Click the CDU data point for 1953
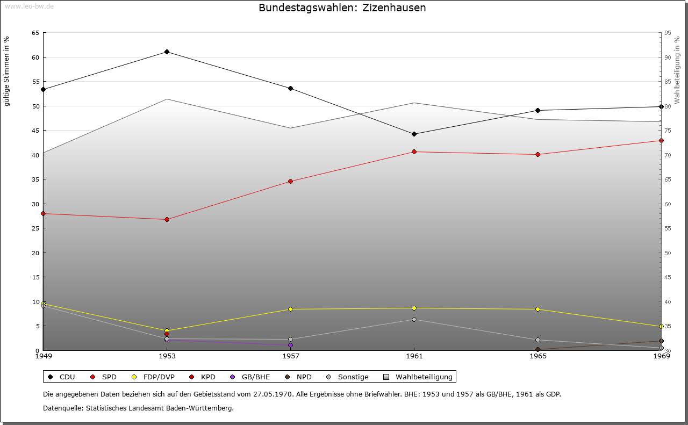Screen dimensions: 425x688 point(167,52)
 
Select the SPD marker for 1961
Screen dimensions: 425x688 point(414,152)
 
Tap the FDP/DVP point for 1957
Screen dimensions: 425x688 point(290,309)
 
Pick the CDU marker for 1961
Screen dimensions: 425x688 point(414,134)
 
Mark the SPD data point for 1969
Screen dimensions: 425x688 point(661,141)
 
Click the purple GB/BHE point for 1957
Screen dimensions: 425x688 point(290,345)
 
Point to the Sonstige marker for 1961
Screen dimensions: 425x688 point(414,320)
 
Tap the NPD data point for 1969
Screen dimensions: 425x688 point(661,341)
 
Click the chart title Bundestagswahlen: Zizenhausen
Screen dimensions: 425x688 point(342,8)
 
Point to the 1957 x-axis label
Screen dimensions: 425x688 point(291,356)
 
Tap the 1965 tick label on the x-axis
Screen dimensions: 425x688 point(538,356)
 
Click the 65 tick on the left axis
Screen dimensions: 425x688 point(35,33)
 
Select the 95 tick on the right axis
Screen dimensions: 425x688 point(668,33)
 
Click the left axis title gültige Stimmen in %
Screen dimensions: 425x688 point(7,71)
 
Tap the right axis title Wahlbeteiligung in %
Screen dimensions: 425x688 point(677,70)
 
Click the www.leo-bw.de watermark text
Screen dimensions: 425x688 point(29,6)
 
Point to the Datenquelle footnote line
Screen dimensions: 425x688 point(138,408)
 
